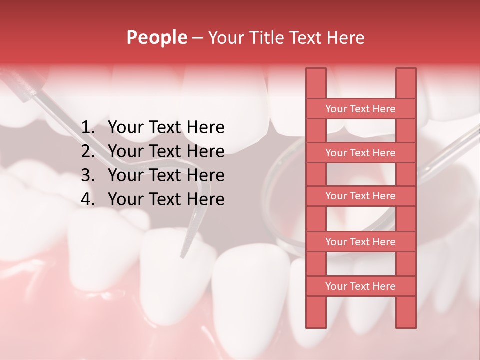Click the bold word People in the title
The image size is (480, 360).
[156, 37]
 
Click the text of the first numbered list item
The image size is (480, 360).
[166, 128]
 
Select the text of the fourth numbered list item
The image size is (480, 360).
[166, 199]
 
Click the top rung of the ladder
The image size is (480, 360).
[360, 109]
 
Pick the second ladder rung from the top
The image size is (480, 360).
[360, 153]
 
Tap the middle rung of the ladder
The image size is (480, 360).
[360, 196]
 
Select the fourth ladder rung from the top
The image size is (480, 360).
[360, 242]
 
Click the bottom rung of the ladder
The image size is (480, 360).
[360, 286]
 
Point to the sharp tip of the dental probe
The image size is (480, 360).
[182, 257]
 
